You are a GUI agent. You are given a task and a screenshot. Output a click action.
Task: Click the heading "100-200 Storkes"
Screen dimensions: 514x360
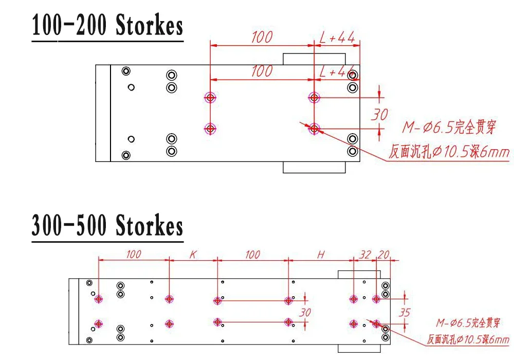pyautogui.click(x=107, y=25)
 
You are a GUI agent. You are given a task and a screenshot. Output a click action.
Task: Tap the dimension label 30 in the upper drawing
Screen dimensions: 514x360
pyautogui.click(x=380, y=115)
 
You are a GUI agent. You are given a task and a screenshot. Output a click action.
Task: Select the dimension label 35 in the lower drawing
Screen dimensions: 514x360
pyautogui.click(x=405, y=313)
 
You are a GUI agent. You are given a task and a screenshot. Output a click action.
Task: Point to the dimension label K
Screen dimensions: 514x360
pyautogui.click(x=193, y=255)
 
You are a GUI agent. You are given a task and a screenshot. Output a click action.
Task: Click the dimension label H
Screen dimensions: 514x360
pyautogui.click(x=321, y=255)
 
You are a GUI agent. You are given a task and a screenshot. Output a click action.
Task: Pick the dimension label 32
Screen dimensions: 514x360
pyautogui.click(x=365, y=255)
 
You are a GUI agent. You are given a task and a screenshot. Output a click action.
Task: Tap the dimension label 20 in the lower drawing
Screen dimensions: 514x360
pyautogui.click(x=383, y=255)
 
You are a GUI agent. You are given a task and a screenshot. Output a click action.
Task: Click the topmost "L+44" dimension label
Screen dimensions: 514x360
pyautogui.click(x=337, y=38)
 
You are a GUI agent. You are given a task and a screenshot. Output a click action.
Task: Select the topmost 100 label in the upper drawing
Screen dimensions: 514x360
pyautogui.click(x=262, y=37)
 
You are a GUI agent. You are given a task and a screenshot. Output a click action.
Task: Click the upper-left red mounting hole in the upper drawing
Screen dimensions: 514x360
pyautogui.click(x=210, y=97)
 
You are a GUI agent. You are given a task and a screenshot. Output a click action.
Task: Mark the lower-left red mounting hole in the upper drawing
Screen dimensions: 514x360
pyautogui.click(x=210, y=129)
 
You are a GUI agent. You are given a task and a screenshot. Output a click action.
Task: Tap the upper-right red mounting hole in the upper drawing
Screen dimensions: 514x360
pyautogui.click(x=314, y=97)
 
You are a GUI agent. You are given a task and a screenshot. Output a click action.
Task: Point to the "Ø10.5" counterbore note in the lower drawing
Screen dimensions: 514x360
pyautogui.click(x=473, y=339)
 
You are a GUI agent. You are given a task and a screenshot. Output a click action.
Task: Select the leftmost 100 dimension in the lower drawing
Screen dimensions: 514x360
pyautogui.click(x=134, y=255)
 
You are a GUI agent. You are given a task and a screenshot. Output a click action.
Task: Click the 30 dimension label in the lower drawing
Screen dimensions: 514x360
pyautogui.click(x=305, y=313)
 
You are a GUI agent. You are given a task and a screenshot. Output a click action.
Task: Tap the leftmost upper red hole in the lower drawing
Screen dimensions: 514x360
pyautogui.click(x=98, y=299)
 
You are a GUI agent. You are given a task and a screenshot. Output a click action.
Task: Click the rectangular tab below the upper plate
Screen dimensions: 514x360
pyautogui.click(x=314, y=167)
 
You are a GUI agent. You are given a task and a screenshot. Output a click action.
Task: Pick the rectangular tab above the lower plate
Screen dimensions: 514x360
pyautogui.click(x=359, y=275)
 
